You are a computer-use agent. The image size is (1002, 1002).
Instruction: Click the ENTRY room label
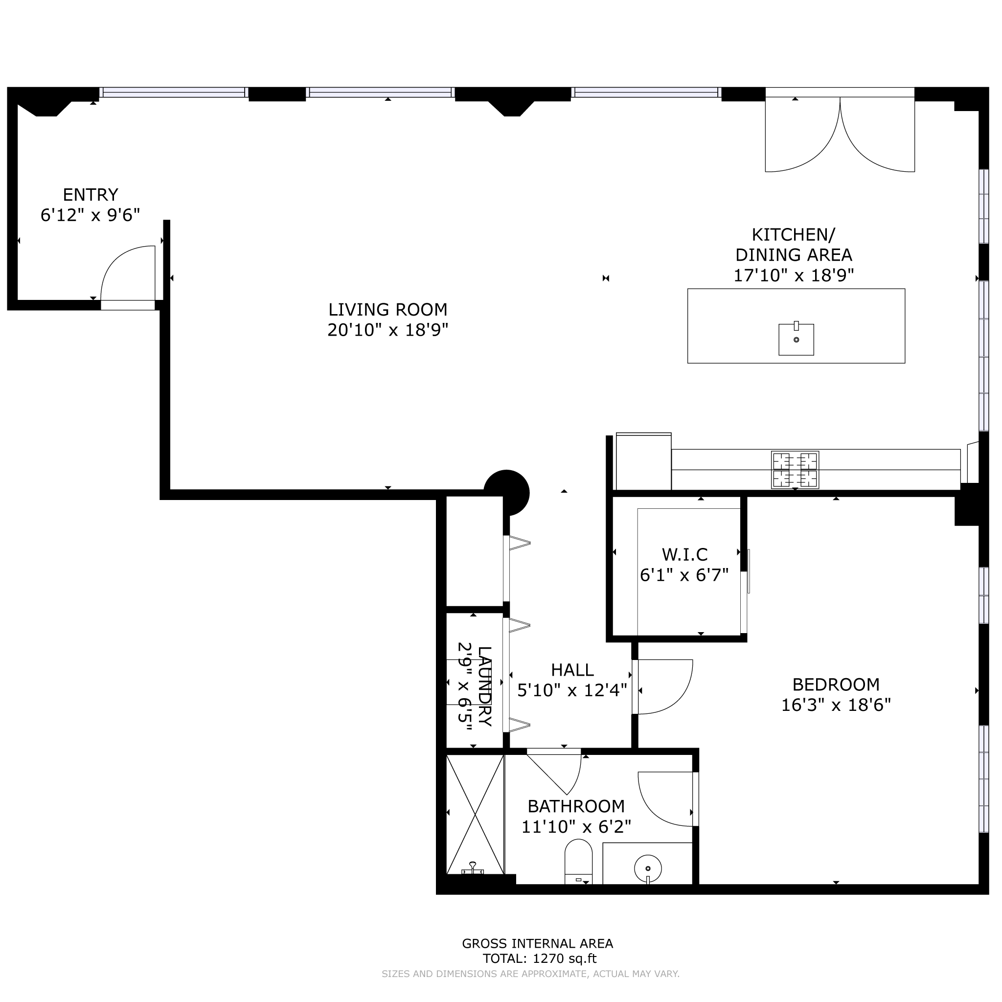tap(91, 195)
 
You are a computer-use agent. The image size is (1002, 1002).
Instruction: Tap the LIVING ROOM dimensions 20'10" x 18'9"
tap(388, 330)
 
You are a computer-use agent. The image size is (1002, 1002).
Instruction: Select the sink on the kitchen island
tap(797, 340)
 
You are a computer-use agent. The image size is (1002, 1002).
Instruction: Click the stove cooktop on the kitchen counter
tap(795, 470)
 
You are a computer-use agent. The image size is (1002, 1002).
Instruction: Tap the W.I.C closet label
tap(684, 555)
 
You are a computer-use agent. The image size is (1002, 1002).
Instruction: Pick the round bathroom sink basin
tap(648, 868)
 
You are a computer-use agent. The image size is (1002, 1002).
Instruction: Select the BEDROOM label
tap(836, 685)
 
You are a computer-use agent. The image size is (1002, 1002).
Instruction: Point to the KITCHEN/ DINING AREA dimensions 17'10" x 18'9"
tap(794, 275)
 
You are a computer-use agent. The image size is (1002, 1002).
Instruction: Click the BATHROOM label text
tap(576, 806)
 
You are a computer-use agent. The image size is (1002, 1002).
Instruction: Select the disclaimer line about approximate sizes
tap(530, 974)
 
